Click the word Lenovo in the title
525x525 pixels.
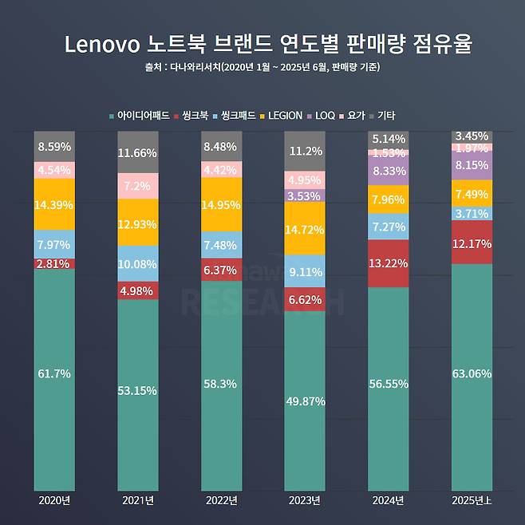point(97,44)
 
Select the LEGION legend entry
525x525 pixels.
point(283,116)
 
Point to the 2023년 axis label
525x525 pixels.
point(304,500)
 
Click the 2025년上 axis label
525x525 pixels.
point(471,500)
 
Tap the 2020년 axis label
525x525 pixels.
point(54,500)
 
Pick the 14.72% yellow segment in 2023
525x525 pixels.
point(304,228)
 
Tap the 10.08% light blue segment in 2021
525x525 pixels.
point(137,263)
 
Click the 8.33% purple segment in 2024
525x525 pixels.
point(388,171)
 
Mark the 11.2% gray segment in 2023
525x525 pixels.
point(304,151)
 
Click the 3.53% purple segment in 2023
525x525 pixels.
point(304,195)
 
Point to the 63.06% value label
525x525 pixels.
point(471,373)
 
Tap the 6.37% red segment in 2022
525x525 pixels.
point(221,270)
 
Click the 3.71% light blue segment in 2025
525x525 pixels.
point(471,213)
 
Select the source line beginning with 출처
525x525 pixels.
point(262,67)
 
